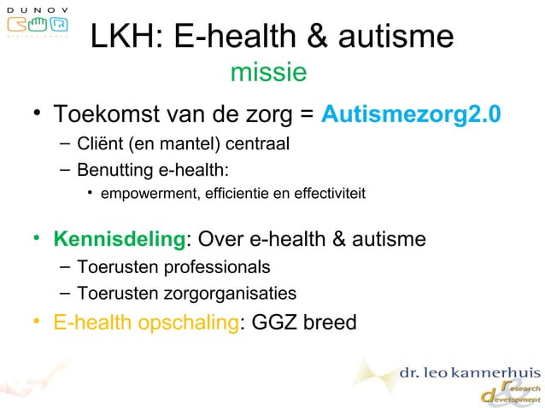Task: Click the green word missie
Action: tap(268, 73)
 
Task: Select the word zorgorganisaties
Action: tap(226, 294)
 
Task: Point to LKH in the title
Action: tap(125, 37)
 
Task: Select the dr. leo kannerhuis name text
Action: tap(470, 373)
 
